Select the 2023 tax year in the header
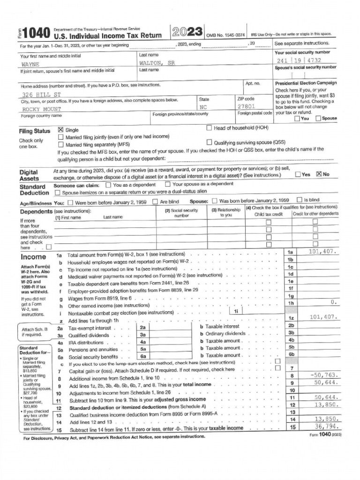(187, 32)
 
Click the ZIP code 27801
(246, 107)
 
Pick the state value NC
(203, 107)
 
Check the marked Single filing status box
(60, 130)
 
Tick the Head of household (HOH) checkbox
(209, 128)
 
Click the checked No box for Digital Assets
(319, 174)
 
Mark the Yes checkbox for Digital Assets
(298, 174)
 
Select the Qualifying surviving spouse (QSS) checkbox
(209, 142)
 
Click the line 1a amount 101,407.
(322, 252)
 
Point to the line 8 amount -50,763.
(324, 375)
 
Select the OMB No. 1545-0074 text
(225, 35)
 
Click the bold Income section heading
(33, 257)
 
